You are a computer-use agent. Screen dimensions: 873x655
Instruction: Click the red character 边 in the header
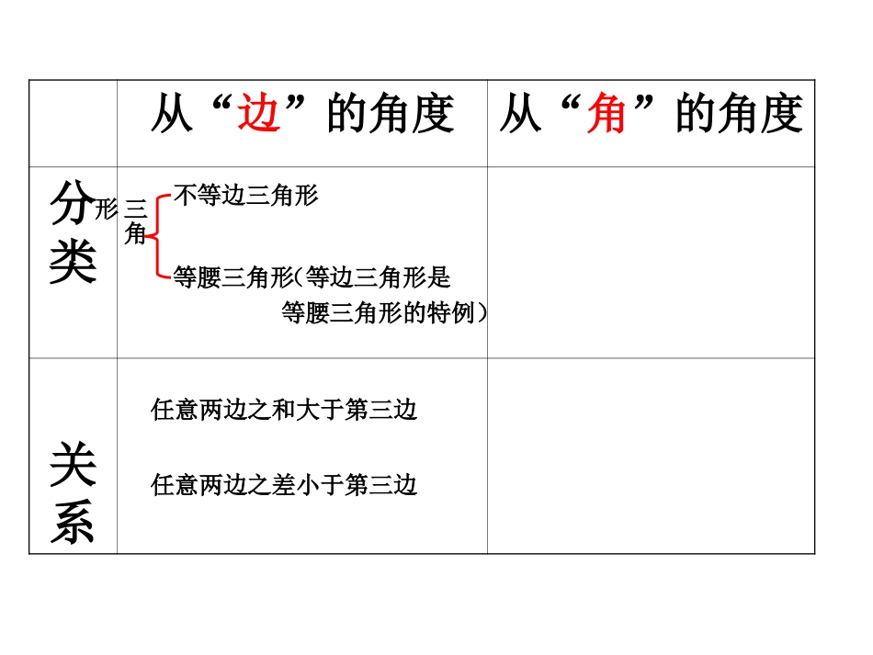pos(259,116)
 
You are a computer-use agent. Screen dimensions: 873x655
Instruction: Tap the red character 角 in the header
pos(607,116)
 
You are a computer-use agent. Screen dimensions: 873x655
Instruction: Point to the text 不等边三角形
pos(245,195)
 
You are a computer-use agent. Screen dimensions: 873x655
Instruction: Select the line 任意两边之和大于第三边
pos(284,410)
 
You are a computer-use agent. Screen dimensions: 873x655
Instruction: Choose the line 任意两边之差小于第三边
pos(284,484)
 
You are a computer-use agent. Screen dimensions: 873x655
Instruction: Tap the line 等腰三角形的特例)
pos(384,313)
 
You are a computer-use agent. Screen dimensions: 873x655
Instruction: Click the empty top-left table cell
pos(73,123)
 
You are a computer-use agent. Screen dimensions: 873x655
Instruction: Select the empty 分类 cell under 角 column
pos(651,262)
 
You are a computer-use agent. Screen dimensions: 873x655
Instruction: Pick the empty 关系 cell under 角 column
pos(651,456)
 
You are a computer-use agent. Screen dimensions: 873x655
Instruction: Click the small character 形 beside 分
pos(107,209)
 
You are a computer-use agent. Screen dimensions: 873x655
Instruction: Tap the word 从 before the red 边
pos(172,116)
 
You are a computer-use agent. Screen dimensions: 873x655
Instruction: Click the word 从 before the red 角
pos(520,116)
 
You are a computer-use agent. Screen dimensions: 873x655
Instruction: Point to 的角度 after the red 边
pos(391,116)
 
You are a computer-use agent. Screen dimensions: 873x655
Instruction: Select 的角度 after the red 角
pos(739,116)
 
